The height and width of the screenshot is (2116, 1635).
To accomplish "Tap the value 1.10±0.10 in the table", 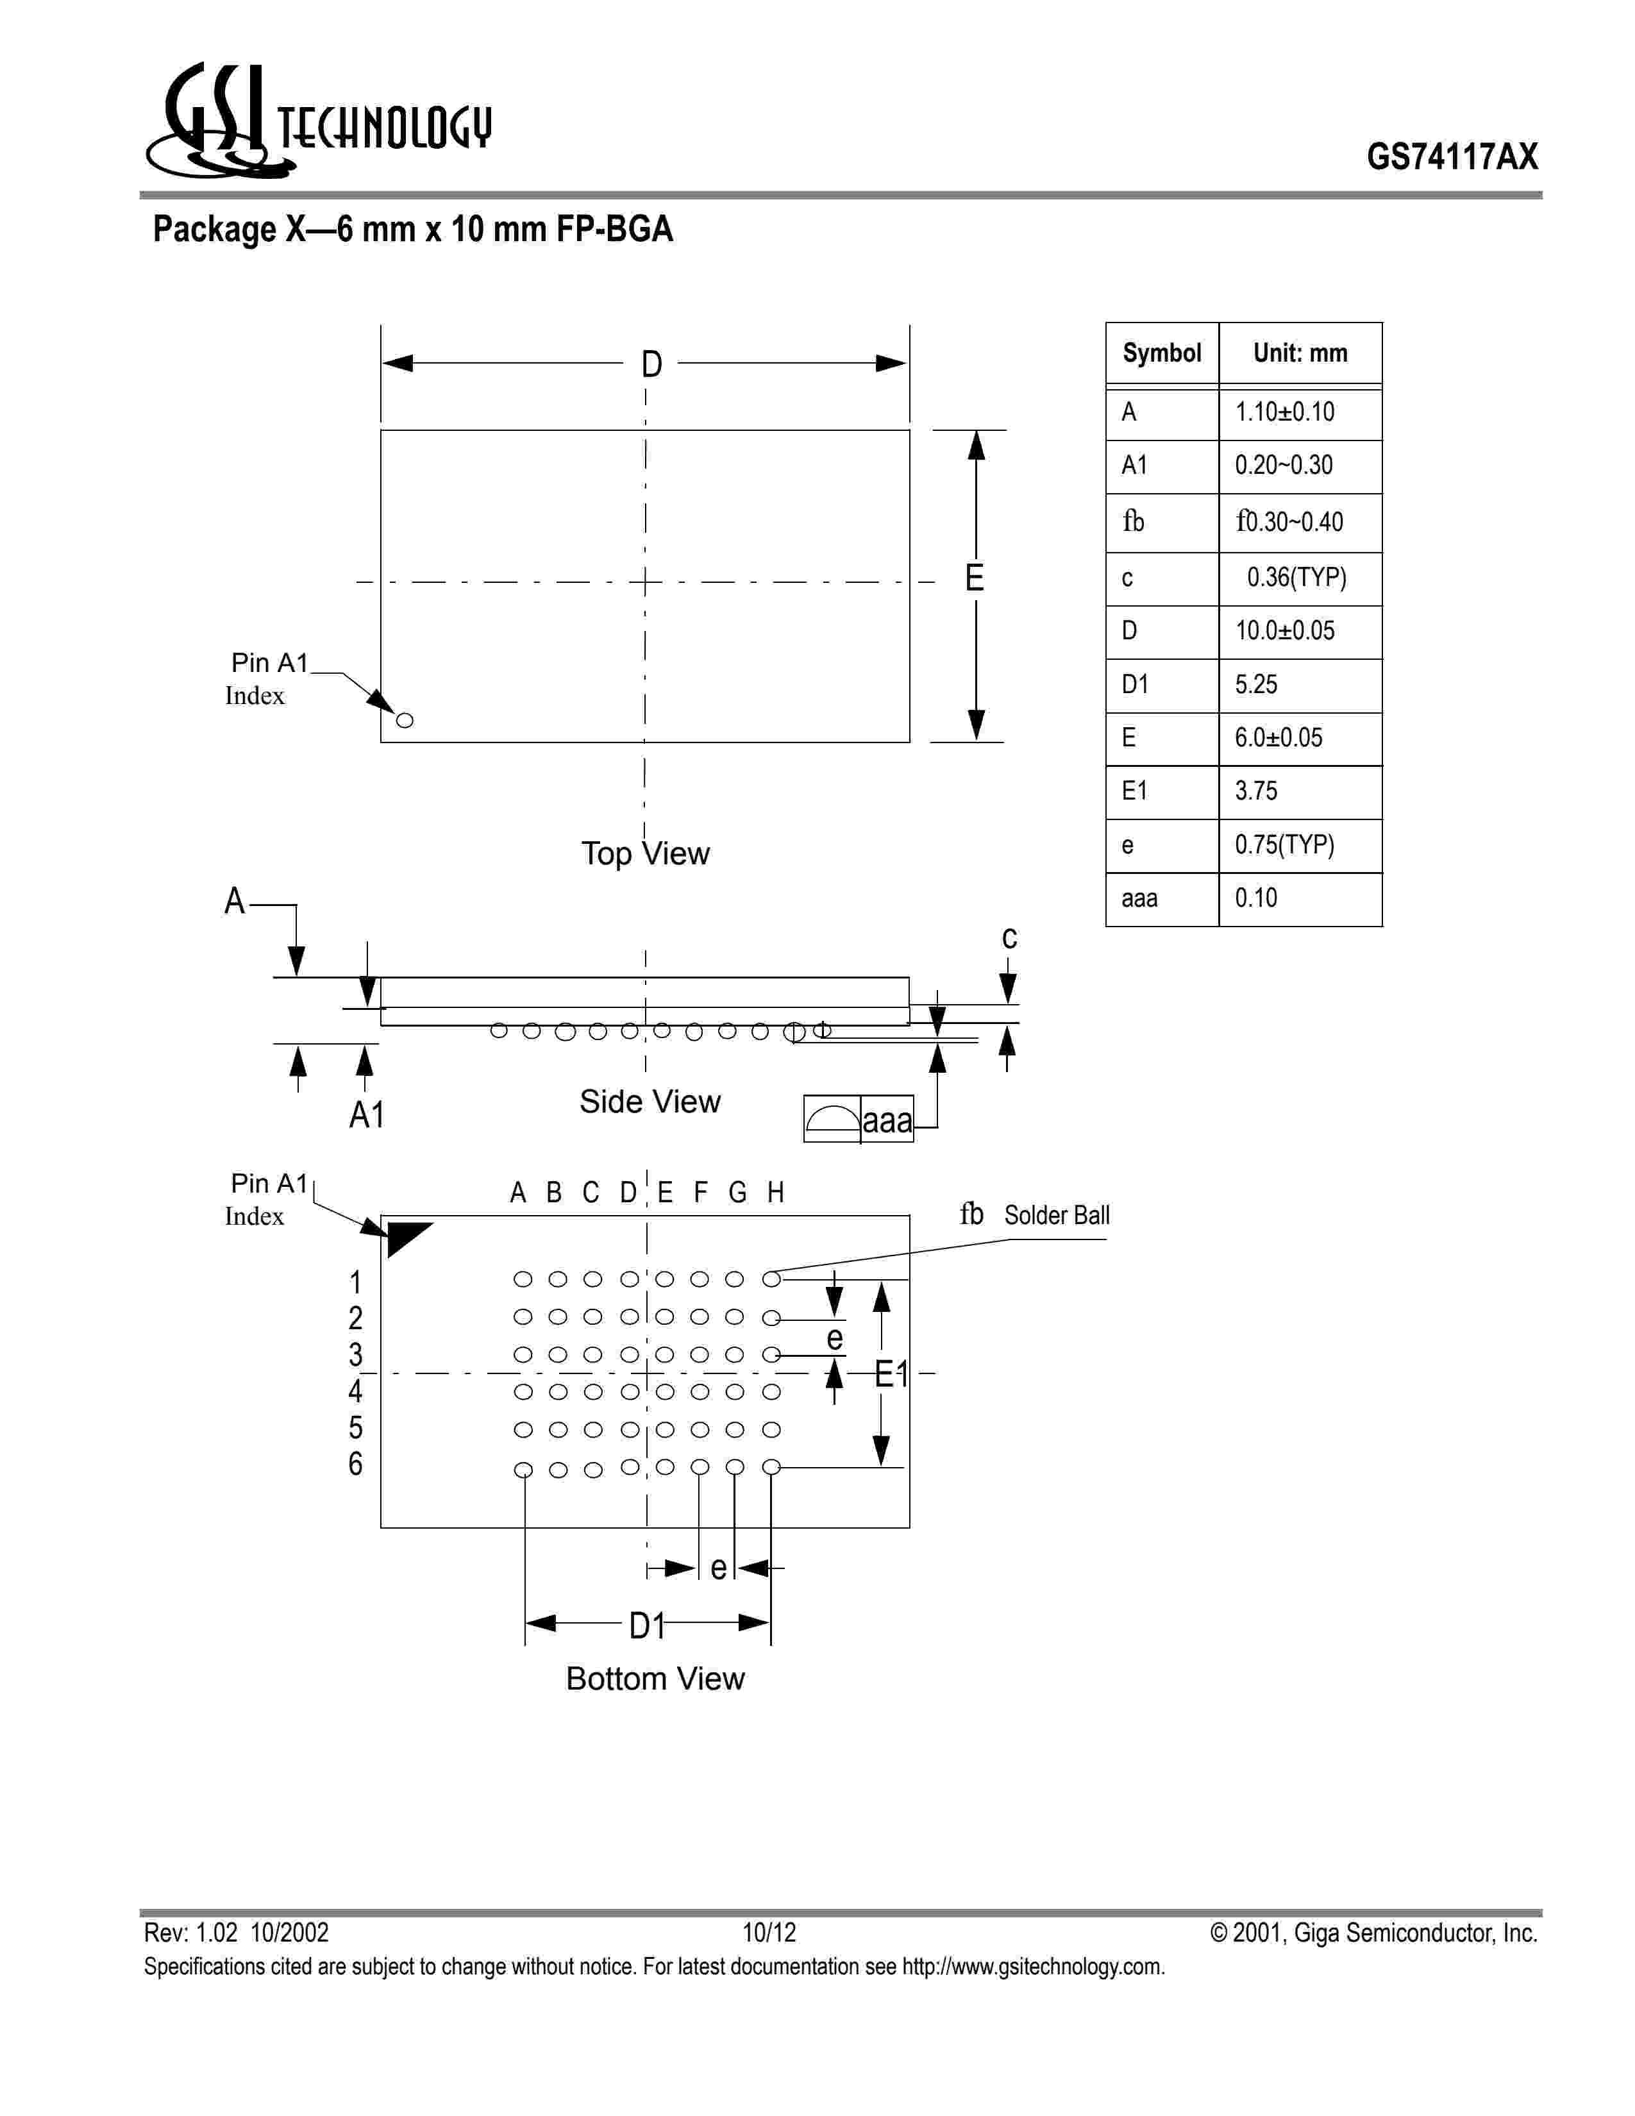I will [1284, 413].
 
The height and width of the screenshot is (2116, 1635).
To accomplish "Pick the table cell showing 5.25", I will [1256, 685].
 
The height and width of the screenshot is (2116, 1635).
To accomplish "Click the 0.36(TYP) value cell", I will [1296, 578].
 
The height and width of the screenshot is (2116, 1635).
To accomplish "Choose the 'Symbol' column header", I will [1161, 354].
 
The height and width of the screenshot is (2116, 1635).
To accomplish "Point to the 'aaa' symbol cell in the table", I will [1139, 899].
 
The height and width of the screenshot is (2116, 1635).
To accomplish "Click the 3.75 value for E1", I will [1256, 791].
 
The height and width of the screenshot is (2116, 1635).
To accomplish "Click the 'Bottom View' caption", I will [655, 1679].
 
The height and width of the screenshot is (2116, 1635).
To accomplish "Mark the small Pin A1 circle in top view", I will [405, 720].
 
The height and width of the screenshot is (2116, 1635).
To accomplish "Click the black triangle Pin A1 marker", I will [406, 1238].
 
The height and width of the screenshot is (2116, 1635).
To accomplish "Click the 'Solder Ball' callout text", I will [1057, 1215].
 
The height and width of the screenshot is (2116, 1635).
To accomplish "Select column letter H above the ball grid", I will [775, 1193].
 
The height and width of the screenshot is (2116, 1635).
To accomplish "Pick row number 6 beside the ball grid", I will [355, 1464].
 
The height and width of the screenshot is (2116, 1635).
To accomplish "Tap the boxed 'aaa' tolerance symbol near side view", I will [886, 1121].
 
